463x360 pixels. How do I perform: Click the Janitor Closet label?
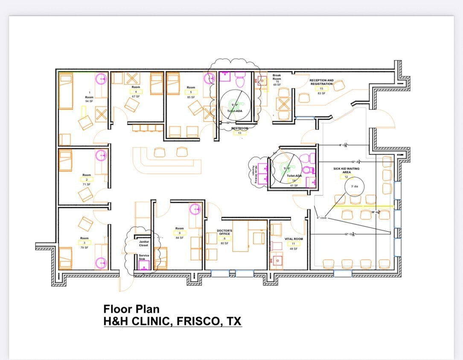point(144,243)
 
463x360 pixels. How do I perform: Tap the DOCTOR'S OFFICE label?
point(224,232)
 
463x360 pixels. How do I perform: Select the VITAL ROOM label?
point(293,239)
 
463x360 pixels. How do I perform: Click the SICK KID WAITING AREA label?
point(347,170)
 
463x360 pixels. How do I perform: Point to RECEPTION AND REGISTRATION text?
point(321,82)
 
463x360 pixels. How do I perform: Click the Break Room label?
point(277,77)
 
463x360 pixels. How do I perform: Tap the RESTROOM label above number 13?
point(239,128)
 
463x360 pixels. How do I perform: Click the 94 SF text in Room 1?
point(89,101)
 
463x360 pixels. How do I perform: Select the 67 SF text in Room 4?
point(136,96)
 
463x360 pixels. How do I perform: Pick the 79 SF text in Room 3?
point(84,247)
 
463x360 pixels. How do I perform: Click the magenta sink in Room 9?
point(195,209)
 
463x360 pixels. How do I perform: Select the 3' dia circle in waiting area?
point(354,187)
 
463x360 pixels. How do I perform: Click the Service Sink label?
point(144,257)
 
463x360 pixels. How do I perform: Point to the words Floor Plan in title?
point(131,309)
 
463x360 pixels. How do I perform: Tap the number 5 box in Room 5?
point(191,92)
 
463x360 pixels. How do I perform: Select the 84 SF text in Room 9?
point(179,238)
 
